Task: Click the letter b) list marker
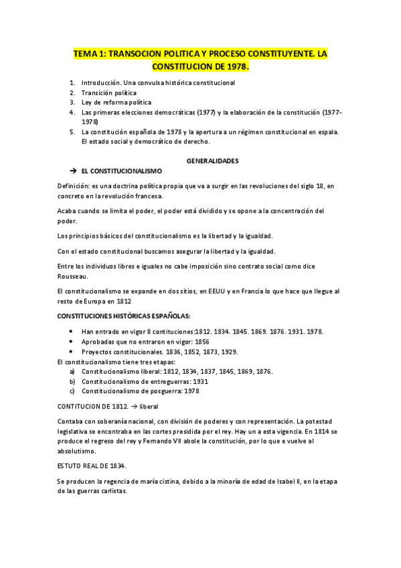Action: pos(72,381)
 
